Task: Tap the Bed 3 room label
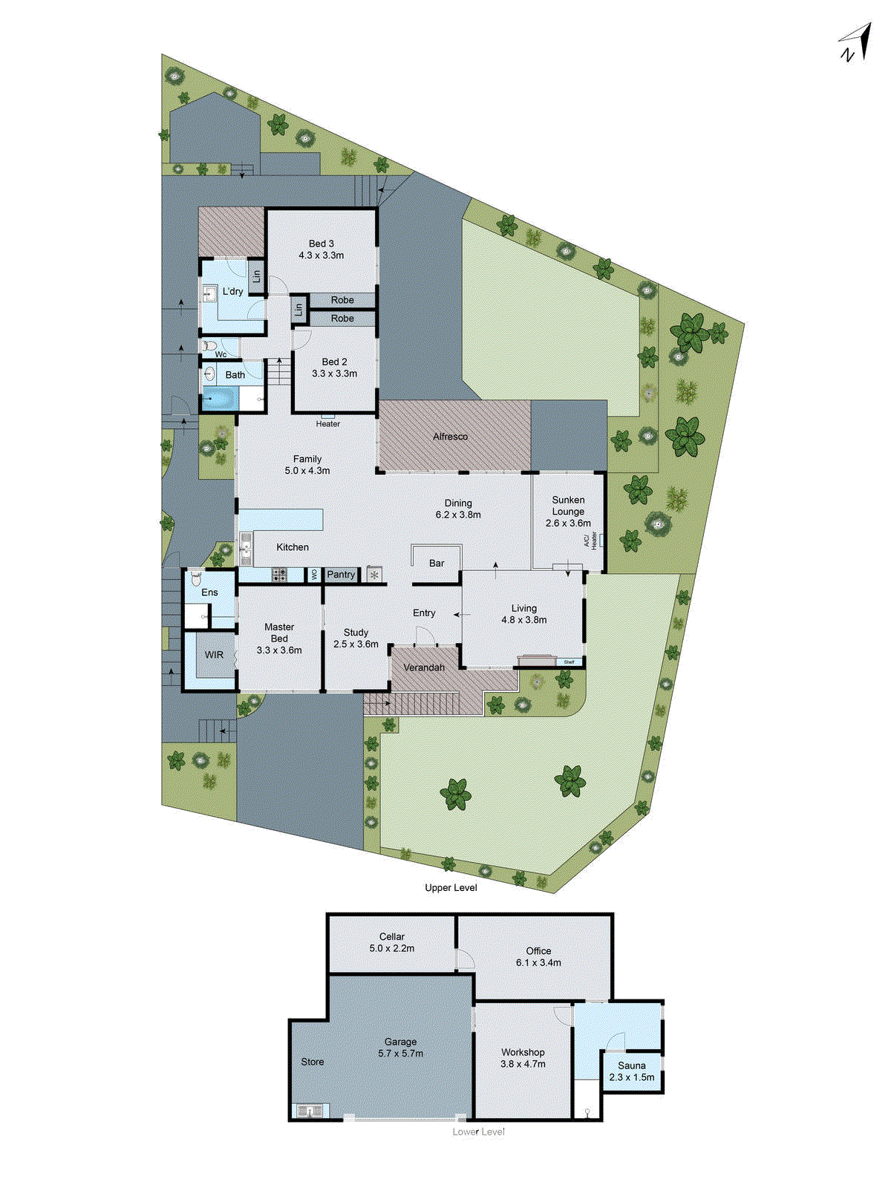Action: pyautogui.click(x=322, y=244)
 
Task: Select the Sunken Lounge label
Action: pyautogui.click(x=568, y=506)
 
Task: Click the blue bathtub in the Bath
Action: pyautogui.click(x=219, y=399)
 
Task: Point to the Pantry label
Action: pyautogui.click(x=341, y=575)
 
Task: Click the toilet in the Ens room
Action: pyautogui.click(x=196, y=577)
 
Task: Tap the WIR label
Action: pyautogui.click(x=214, y=655)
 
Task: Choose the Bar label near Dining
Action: pyautogui.click(x=437, y=564)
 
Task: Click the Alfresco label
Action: pyautogui.click(x=451, y=437)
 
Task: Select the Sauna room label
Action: pyautogui.click(x=632, y=1065)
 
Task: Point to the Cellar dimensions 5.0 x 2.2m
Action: pyautogui.click(x=392, y=948)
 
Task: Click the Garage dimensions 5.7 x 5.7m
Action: pyautogui.click(x=400, y=1054)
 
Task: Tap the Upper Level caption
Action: pyautogui.click(x=451, y=887)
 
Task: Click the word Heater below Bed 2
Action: pyautogui.click(x=328, y=424)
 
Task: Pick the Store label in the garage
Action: pyautogui.click(x=313, y=1062)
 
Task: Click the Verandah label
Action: pyautogui.click(x=424, y=668)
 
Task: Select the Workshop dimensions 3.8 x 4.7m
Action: pyautogui.click(x=523, y=1064)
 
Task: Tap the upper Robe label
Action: pyautogui.click(x=342, y=300)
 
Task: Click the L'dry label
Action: pyautogui.click(x=232, y=292)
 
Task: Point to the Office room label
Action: pyautogui.click(x=538, y=950)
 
